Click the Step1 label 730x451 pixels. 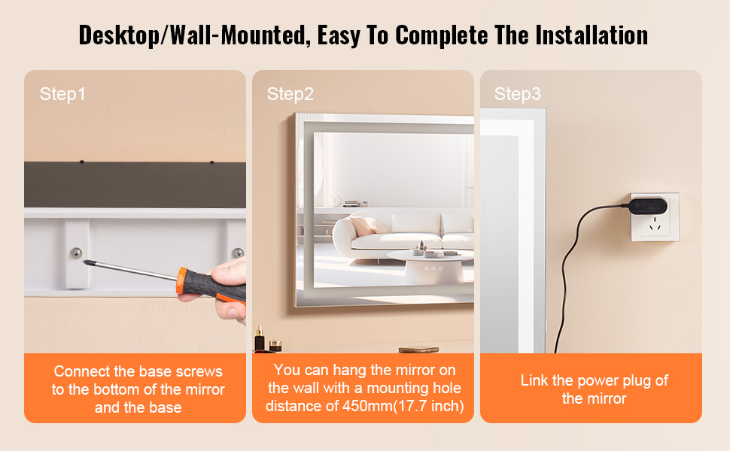tap(62, 94)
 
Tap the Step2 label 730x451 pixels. tap(290, 94)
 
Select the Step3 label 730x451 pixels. tap(517, 94)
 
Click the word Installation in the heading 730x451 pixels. tap(592, 35)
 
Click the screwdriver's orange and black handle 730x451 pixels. tap(211, 286)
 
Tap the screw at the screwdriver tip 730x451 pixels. tap(76, 253)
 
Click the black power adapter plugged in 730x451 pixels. tap(648, 205)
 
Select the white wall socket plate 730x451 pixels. tap(655, 217)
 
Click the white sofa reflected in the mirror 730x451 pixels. tap(400, 231)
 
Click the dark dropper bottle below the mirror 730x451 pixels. tap(260, 339)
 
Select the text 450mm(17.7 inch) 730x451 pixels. tap(403, 406)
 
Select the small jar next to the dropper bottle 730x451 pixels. tap(275, 346)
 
